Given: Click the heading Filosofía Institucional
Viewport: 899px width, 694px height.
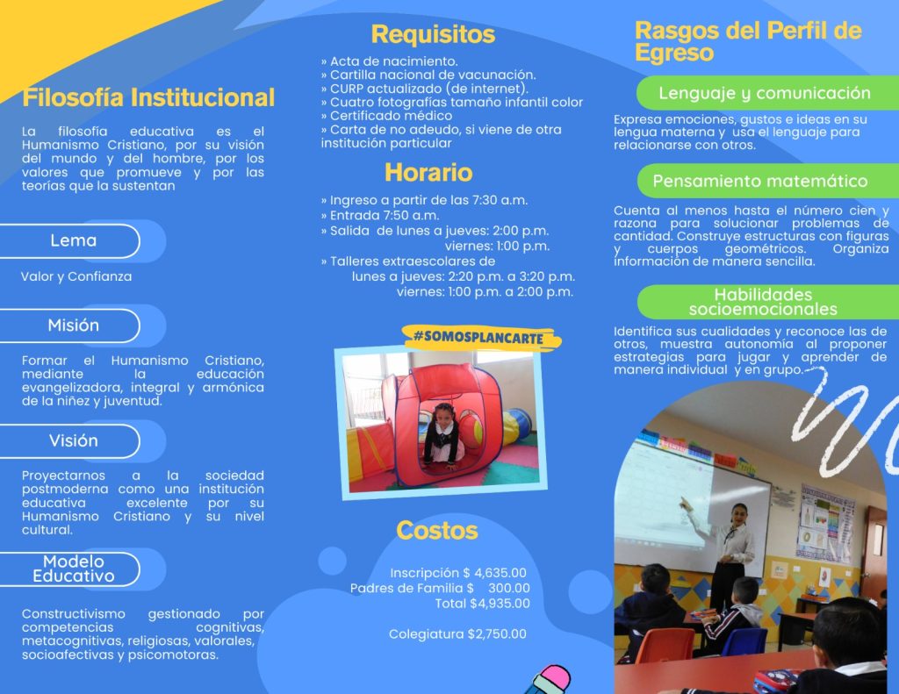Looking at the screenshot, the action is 148,97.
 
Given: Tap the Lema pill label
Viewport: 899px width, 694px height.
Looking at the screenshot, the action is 74,240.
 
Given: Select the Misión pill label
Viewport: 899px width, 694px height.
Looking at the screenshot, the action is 74,326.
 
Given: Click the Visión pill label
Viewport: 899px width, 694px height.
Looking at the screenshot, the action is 74,440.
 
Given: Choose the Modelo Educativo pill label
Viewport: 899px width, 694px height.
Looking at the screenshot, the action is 74,569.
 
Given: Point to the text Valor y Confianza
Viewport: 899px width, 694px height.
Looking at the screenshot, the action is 76,276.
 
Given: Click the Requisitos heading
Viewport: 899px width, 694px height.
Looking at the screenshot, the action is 433,34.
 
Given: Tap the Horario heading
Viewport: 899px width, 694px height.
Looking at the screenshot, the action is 428,173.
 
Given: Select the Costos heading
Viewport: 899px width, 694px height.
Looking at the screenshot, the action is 437,531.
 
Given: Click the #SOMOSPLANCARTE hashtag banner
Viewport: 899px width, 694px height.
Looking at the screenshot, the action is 480,338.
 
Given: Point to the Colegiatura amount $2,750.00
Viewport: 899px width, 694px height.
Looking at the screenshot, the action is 497,633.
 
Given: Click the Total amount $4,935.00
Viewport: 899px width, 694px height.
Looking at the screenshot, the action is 500,604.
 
